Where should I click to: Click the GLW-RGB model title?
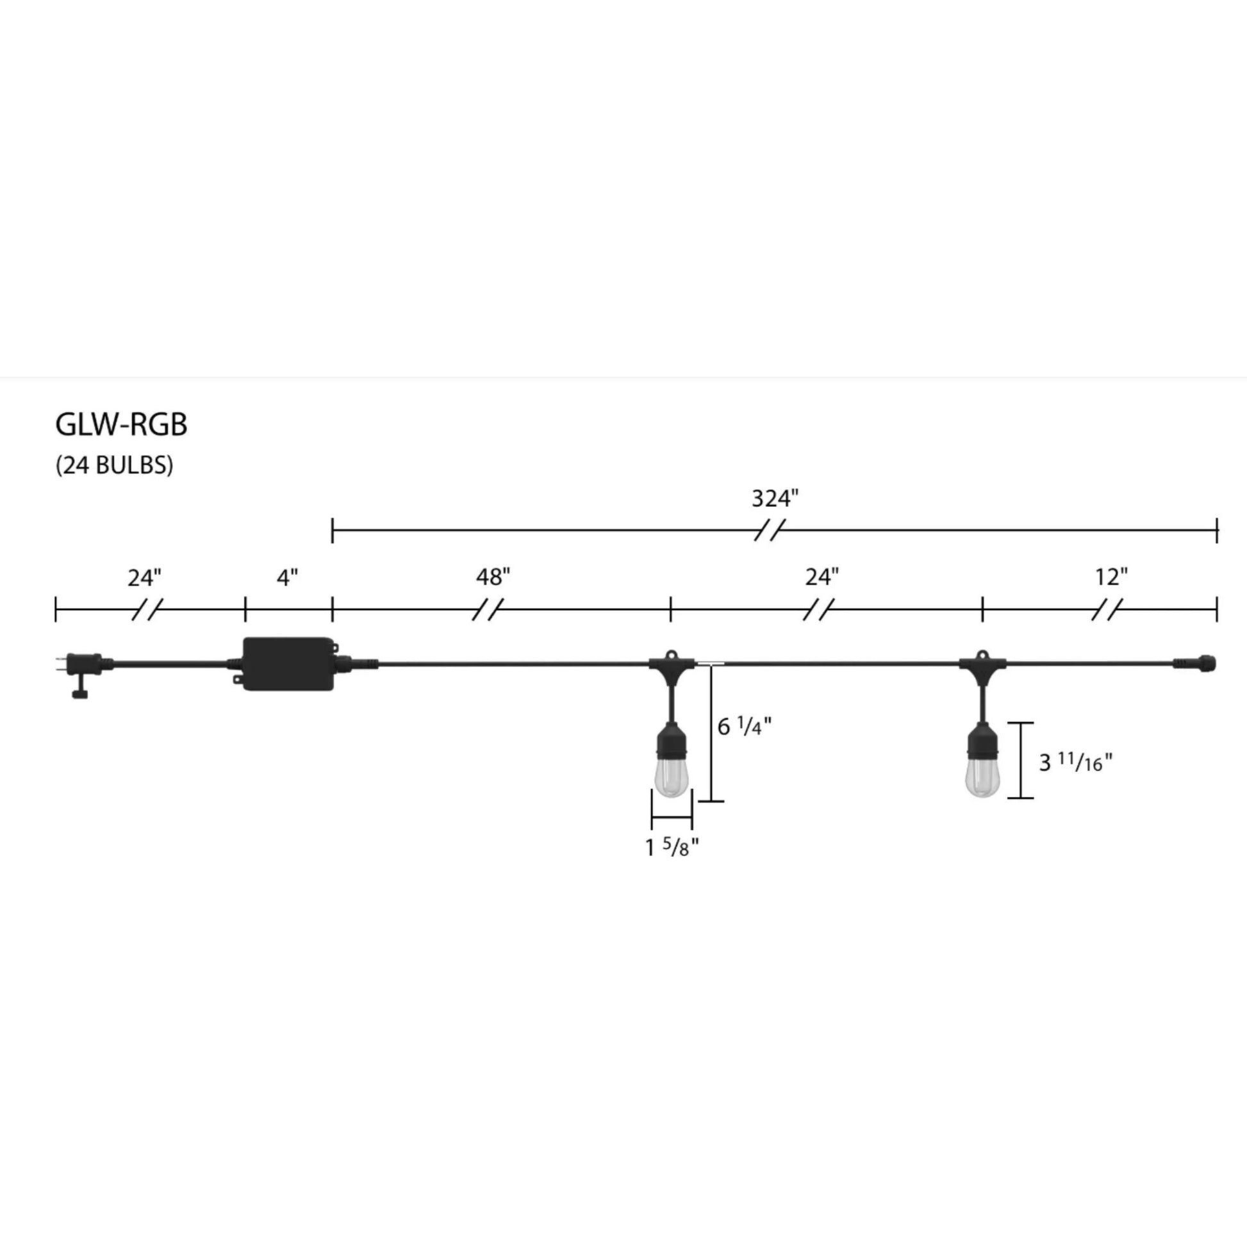pos(121,424)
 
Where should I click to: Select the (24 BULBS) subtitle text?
pos(114,465)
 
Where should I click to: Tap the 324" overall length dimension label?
pos(775,499)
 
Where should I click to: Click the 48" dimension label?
pos(493,577)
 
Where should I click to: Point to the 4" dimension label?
pos(287,577)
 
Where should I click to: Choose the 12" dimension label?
pos(1111,576)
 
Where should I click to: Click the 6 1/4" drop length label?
pos(744,727)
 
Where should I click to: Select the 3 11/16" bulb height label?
pos(1075,763)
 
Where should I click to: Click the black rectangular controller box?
pos(288,664)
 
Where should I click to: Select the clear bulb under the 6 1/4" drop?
pos(672,777)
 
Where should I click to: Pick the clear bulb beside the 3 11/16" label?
pos(982,777)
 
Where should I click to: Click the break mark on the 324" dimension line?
pos(770,531)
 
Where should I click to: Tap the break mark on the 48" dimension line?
pos(487,609)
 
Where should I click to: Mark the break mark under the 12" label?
pos(1107,609)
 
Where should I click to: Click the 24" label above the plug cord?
pos(145,577)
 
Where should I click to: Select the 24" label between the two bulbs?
pos(822,576)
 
